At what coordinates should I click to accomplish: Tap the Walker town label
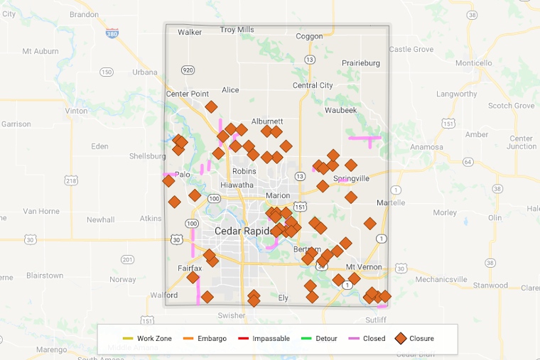click(190, 32)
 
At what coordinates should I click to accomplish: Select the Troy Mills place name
click(237, 30)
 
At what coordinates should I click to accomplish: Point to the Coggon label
click(308, 36)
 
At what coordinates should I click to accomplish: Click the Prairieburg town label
click(361, 63)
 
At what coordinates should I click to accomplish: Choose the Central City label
click(313, 86)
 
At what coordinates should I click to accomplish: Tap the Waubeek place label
click(341, 110)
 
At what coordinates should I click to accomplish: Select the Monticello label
click(473, 63)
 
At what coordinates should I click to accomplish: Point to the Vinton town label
click(76, 111)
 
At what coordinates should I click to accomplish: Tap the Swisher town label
click(232, 315)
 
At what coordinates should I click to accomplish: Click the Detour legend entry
click(320, 339)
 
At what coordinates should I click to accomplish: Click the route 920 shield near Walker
click(188, 70)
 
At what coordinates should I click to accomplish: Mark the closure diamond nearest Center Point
click(211, 107)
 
